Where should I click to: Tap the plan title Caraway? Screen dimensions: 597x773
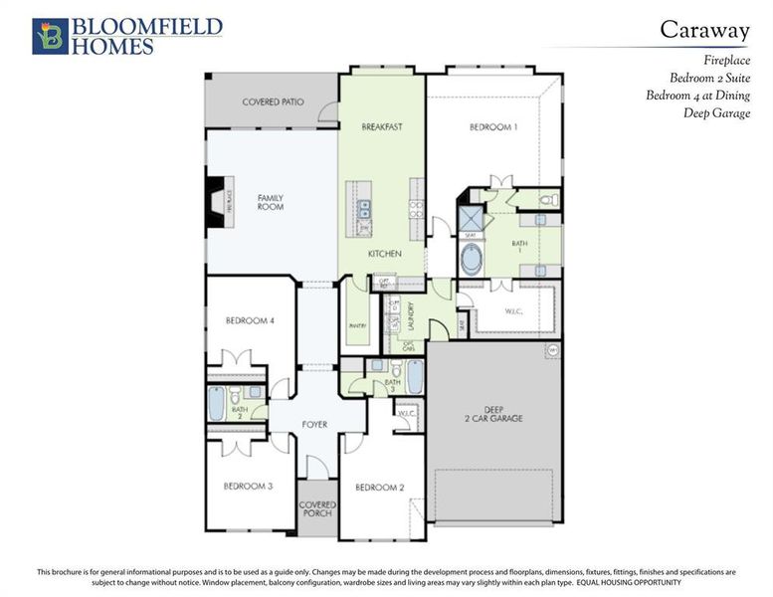(x=704, y=29)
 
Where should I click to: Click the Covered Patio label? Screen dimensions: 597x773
(x=274, y=102)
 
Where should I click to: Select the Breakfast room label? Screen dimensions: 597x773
(x=381, y=127)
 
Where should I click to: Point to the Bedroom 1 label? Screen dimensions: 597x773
(x=492, y=127)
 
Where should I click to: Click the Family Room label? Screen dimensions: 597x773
(x=271, y=202)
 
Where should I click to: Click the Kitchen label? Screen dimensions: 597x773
(x=384, y=255)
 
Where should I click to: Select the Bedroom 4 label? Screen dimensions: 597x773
(x=250, y=320)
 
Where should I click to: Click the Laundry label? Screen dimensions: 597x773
(x=410, y=316)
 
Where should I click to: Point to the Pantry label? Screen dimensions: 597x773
(x=357, y=325)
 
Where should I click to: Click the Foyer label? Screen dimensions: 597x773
(x=314, y=425)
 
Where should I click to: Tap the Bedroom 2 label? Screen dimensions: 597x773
(x=380, y=487)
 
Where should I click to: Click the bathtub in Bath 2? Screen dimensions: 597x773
(x=218, y=405)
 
